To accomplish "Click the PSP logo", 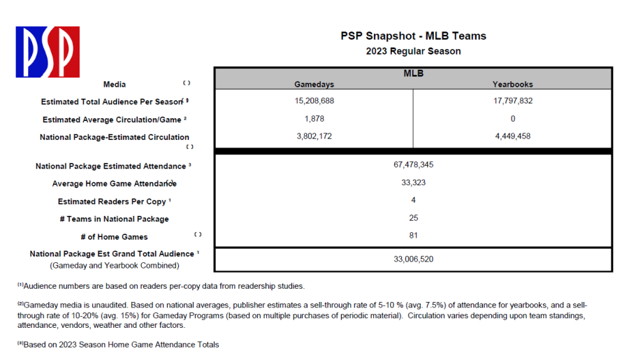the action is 48,52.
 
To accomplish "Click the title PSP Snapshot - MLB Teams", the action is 413,36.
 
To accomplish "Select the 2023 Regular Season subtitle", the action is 413,51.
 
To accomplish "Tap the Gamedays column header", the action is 314,85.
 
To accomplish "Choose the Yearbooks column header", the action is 513,85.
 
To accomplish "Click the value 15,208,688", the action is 314,101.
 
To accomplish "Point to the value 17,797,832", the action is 513,101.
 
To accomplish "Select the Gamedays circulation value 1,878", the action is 314,119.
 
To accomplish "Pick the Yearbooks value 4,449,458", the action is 513,136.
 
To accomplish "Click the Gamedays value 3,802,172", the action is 314,136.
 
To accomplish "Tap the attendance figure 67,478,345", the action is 413,164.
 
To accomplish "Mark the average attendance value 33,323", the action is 413,182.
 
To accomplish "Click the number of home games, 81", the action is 413,235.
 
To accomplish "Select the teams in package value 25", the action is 413,218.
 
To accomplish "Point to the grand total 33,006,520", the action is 413,259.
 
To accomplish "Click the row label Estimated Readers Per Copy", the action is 112,201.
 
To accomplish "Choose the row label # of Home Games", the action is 115,237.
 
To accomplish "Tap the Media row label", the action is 115,85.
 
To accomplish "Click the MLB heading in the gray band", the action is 413,73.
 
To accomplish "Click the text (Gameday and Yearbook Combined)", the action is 115,266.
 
